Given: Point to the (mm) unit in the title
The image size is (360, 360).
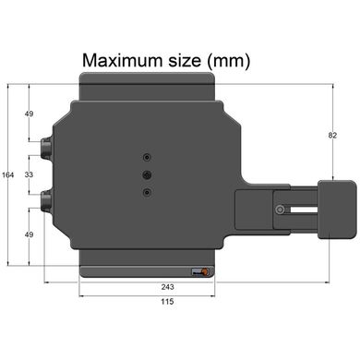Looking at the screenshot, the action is (x=229, y=61).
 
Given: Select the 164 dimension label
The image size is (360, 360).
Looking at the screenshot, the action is (x=8, y=175).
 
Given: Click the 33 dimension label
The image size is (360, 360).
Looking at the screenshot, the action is (x=29, y=174).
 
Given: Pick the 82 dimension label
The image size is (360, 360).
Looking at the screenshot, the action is (x=332, y=135).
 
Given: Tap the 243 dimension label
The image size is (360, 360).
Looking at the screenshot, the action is (x=167, y=287).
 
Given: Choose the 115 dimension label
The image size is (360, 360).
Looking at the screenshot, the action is (x=167, y=302).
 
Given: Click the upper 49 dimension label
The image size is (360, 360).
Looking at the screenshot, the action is (x=29, y=114).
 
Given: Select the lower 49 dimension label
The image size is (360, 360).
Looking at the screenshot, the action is (x=29, y=234).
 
